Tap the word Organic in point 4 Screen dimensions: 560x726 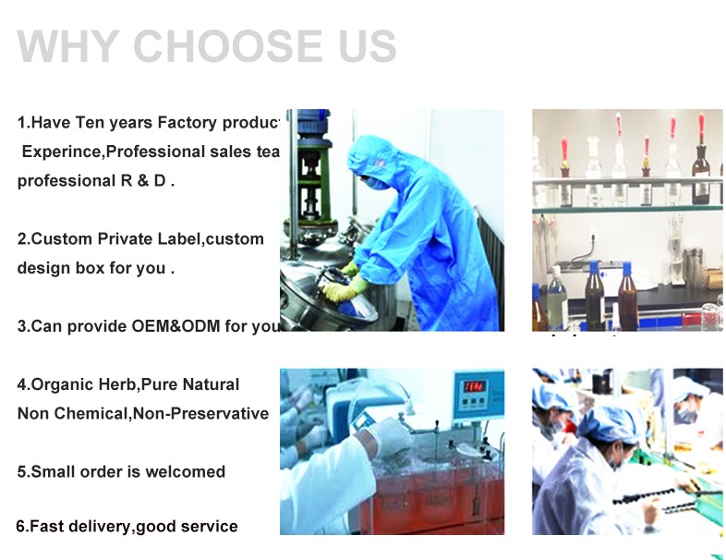[x=60, y=384]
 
